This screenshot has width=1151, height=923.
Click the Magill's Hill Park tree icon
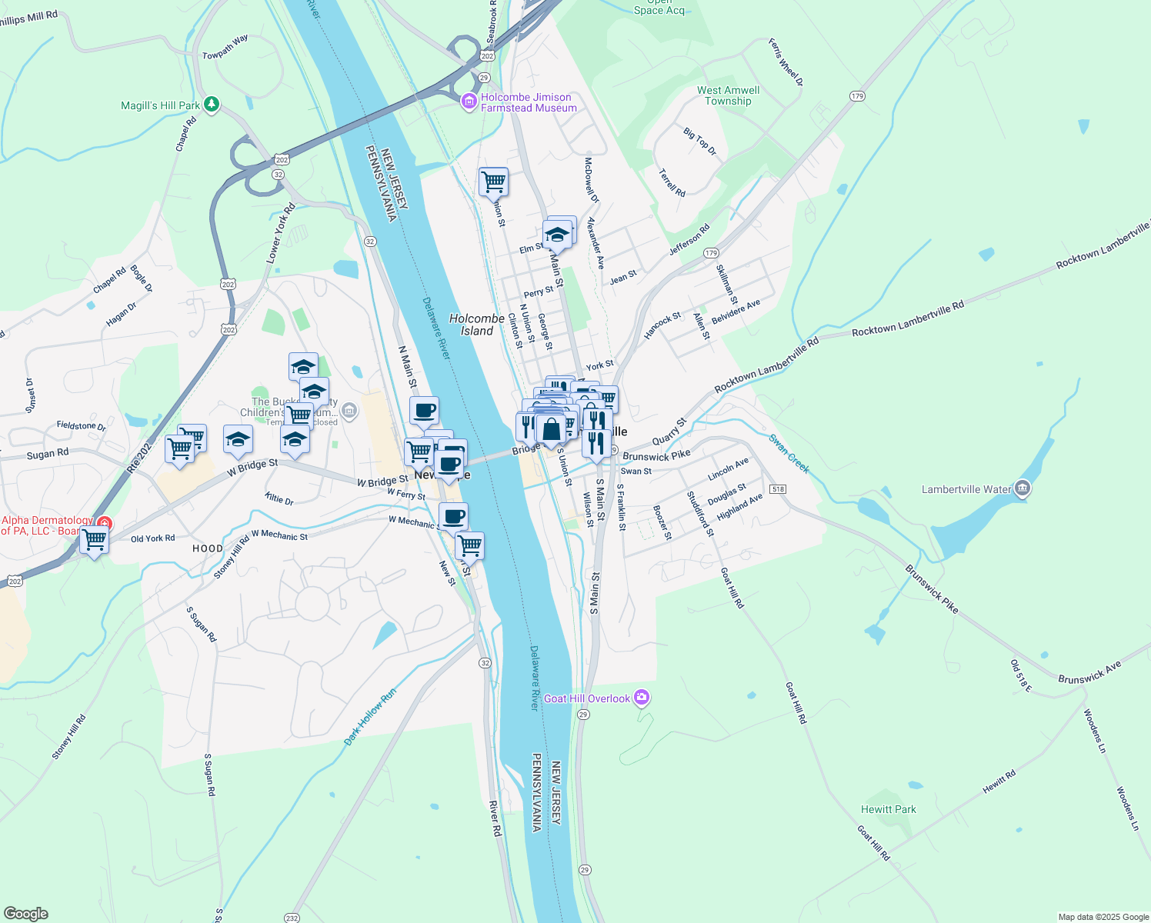point(212,104)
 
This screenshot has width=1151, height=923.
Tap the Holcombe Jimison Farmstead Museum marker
point(469,102)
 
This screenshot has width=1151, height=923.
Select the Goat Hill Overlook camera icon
point(642,698)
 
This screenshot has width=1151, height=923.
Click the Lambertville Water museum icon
point(1023,488)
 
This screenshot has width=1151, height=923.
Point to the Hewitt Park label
point(889,809)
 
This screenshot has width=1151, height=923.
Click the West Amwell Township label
point(728,95)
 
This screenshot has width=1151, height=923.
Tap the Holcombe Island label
point(477,325)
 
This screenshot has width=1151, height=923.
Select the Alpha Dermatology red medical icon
point(103,525)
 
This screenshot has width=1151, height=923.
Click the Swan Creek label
point(789,454)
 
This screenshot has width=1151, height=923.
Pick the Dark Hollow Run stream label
point(370,716)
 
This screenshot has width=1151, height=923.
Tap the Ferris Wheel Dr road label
point(786,62)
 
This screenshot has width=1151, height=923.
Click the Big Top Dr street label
point(699,142)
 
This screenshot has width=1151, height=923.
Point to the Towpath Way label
point(225,46)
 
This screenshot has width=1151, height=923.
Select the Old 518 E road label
point(1021,675)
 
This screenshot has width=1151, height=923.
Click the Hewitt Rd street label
point(999,781)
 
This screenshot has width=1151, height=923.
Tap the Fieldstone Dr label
point(81,425)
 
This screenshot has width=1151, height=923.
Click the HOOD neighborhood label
point(208,548)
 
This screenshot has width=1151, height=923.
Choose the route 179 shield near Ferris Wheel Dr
point(858,96)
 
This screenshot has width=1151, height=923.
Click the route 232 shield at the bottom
point(292,918)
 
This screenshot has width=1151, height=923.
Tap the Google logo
point(26,913)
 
